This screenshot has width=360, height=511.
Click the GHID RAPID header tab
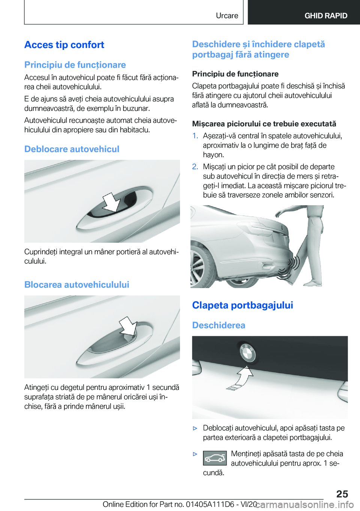click(x=325, y=16)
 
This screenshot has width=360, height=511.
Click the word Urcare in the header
click(x=227, y=16)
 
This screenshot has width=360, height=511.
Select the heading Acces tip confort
click(x=64, y=45)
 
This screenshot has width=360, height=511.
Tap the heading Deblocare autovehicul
click(x=72, y=149)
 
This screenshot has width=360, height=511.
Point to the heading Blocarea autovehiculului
click(x=76, y=285)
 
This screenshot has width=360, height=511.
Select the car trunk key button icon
click(x=215, y=458)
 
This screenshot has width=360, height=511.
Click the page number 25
click(x=342, y=494)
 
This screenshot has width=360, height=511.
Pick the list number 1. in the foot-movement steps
click(x=195, y=136)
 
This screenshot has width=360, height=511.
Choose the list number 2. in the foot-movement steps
click(x=195, y=167)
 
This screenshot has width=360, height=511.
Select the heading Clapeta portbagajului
click(x=243, y=305)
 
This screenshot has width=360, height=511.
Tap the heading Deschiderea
click(x=219, y=325)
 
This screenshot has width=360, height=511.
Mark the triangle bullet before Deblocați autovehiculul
click(x=195, y=428)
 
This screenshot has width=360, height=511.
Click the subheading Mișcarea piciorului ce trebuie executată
click(x=264, y=124)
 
